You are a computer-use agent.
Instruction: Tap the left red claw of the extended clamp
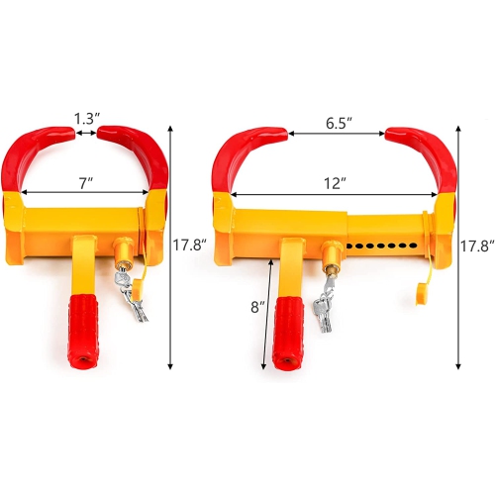click(x=239, y=152)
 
